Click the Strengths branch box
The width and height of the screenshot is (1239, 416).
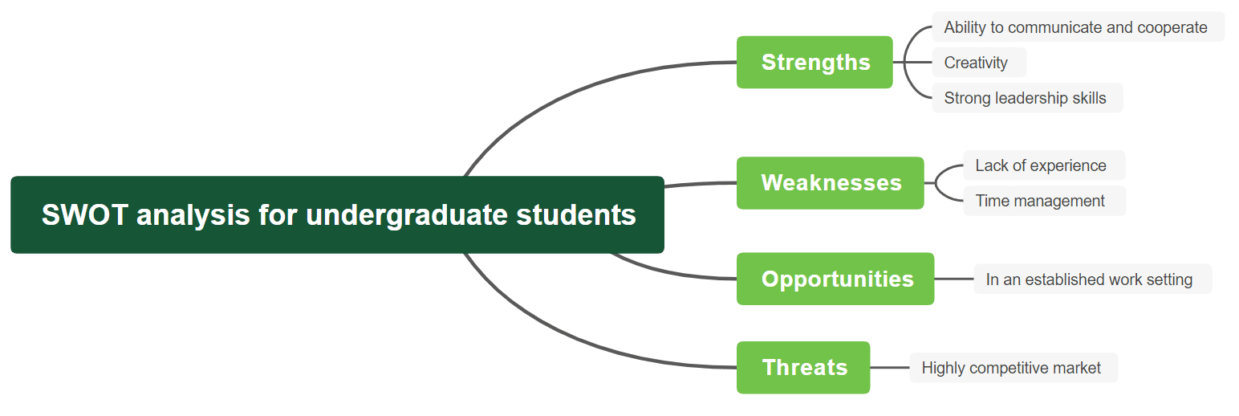click(x=814, y=62)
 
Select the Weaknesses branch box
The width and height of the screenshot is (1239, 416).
click(x=831, y=182)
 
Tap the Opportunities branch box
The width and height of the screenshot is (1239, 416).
click(x=835, y=279)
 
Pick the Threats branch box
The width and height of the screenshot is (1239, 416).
click(x=803, y=367)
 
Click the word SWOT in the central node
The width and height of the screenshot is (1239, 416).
click(x=85, y=214)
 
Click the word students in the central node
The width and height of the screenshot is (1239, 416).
click(x=576, y=214)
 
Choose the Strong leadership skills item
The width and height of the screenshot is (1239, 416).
click(x=1027, y=98)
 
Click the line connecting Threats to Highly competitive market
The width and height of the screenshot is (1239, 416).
click(x=890, y=367)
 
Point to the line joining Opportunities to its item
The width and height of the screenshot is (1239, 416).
click(x=954, y=279)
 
